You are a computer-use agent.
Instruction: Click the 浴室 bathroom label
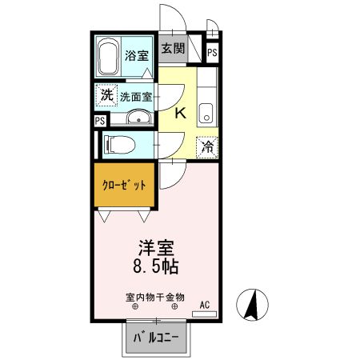[x=137, y=56]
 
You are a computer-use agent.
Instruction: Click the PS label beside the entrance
[x=212, y=52]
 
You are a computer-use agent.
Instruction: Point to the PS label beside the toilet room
[x=100, y=121]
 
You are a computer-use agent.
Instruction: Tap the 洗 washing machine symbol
[x=106, y=94]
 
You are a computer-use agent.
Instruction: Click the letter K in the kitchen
[x=180, y=114]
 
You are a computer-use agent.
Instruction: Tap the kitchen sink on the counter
[x=206, y=112]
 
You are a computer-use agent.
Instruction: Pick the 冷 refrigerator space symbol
[x=207, y=146]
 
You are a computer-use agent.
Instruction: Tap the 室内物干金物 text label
[x=155, y=296]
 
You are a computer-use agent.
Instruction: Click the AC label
[x=204, y=304]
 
